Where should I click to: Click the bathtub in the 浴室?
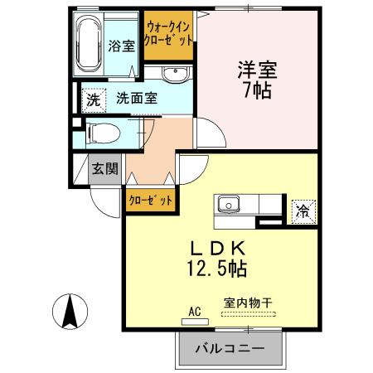[x=90, y=44]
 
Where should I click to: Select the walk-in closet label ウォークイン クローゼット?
[x=169, y=33]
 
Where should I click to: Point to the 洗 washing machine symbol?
[x=94, y=99]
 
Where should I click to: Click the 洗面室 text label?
[x=136, y=99]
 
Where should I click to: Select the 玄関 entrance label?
[x=104, y=168]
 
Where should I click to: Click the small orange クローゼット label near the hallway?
[x=151, y=200]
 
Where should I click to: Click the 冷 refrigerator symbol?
[x=304, y=211]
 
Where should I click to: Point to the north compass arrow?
[x=71, y=312]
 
